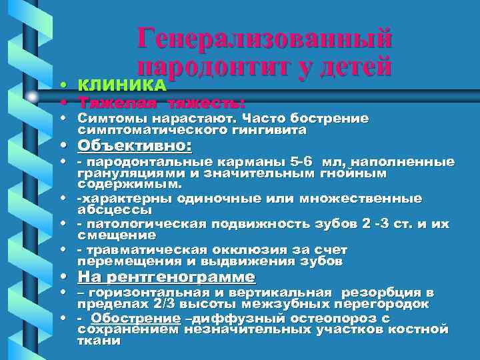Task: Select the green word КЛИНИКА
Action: tap(121, 86)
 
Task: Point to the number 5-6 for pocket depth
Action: tap(294, 162)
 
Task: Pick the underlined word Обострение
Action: tap(135, 318)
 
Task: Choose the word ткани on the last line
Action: tap(99, 340)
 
